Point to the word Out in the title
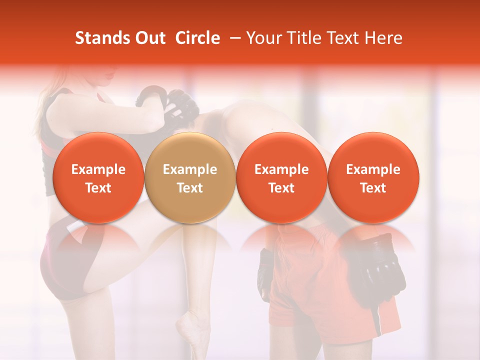click(x=149, y=38)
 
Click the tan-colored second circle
click(x=190, y=177)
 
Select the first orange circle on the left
click(x=98, y=177)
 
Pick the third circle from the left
click(x=281, y=177)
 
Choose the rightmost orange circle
click(x=373, y=177)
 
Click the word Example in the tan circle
click(x=190, y=169)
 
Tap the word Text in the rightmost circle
click(x=373, y=188)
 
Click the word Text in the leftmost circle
click(x=98, y=188)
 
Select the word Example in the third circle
click(x=281, y=169)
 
